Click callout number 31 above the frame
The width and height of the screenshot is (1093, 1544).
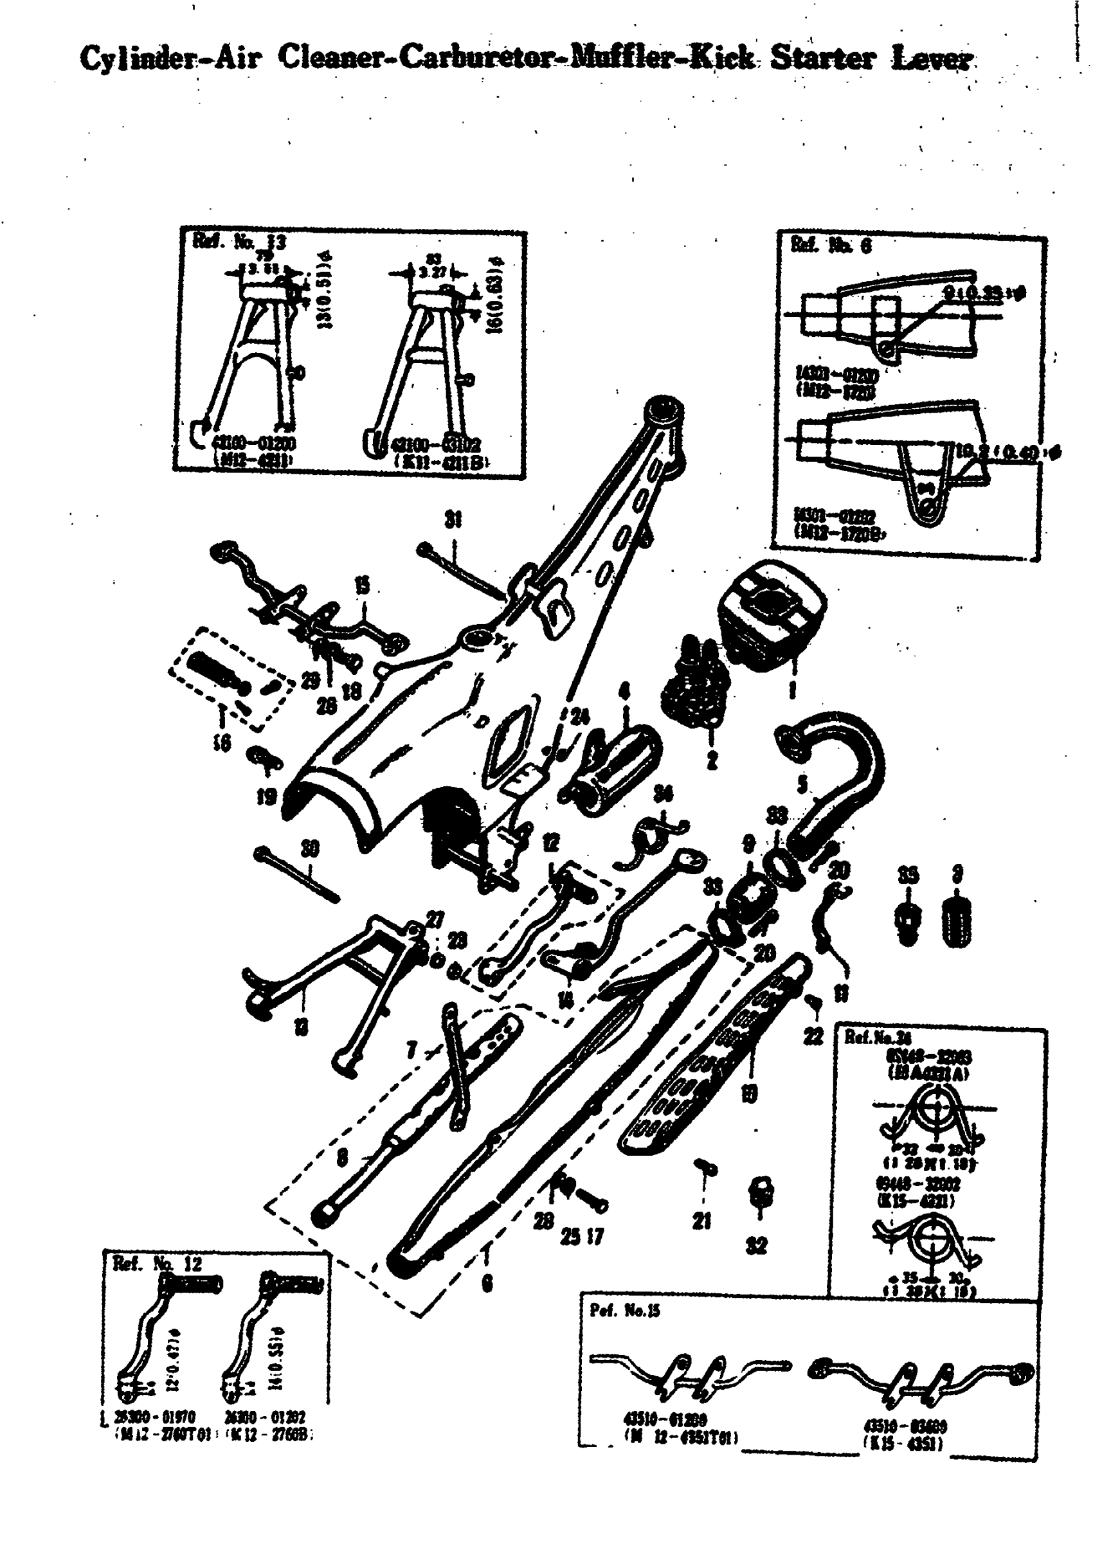(454, 519)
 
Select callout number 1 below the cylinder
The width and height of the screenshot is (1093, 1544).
(792, 690)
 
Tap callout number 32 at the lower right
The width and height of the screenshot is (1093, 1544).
(757, 1246)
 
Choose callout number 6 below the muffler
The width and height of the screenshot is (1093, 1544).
(487, 1284)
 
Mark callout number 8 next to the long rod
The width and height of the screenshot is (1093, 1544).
(342, 1157)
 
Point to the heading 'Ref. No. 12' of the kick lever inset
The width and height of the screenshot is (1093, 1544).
(157, 1264)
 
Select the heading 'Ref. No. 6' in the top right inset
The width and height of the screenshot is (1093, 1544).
(832, 246)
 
